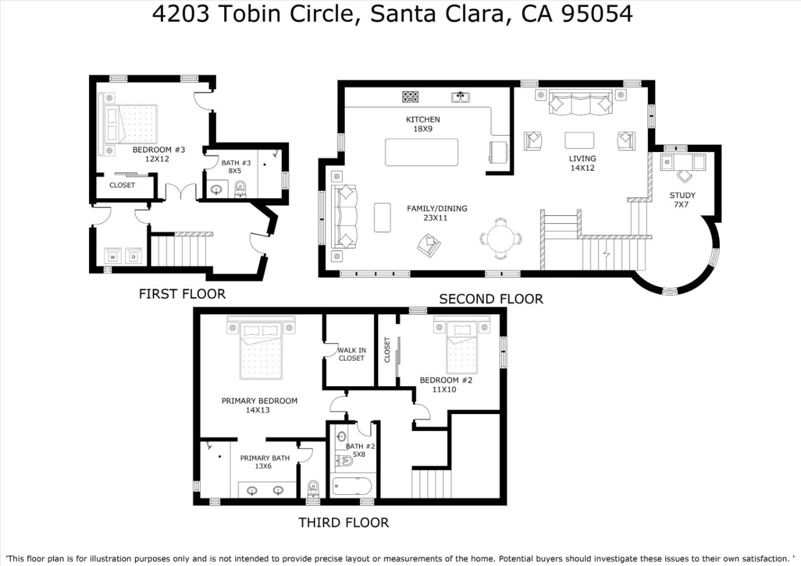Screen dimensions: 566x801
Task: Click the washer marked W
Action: coord(113,257)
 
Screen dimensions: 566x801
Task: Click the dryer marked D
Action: coord(133,257)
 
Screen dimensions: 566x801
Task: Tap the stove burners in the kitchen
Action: coord(411,97)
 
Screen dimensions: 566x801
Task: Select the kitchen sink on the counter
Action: coord(460,97)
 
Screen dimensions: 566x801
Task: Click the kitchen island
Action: coord(422,152)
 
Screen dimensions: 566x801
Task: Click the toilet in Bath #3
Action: coord(240,188)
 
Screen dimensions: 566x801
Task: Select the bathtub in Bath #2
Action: coord(352,486)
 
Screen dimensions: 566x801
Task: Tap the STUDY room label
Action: coord(682,195)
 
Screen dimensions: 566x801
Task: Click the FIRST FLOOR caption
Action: coord(182,294)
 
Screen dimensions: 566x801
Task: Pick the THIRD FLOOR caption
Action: coord(343,523)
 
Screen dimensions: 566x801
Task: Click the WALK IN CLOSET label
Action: coord(352,354)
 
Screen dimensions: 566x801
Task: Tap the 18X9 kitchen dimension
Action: coord(423,129)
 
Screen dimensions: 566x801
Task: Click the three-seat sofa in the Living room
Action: coord(581,104)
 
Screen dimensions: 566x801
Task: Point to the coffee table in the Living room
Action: coord(579,140)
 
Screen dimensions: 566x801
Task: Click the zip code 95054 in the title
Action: coord(597,13)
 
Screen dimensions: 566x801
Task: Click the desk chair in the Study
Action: coord(684,176)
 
